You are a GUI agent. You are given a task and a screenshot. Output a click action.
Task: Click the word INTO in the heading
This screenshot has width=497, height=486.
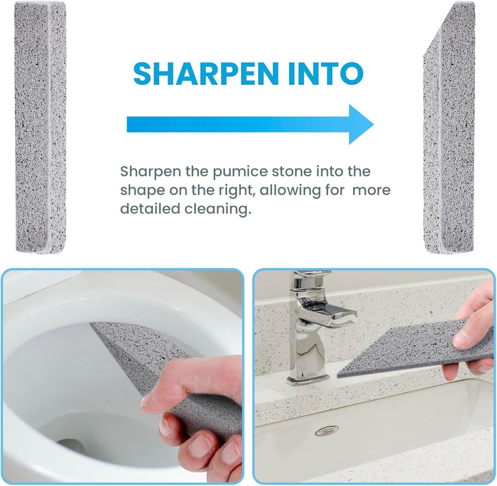coord(326,73)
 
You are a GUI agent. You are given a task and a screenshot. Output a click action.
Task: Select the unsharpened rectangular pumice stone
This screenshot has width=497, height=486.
coord(40,127)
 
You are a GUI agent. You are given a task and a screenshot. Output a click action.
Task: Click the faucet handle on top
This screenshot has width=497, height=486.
coord(310,275)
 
